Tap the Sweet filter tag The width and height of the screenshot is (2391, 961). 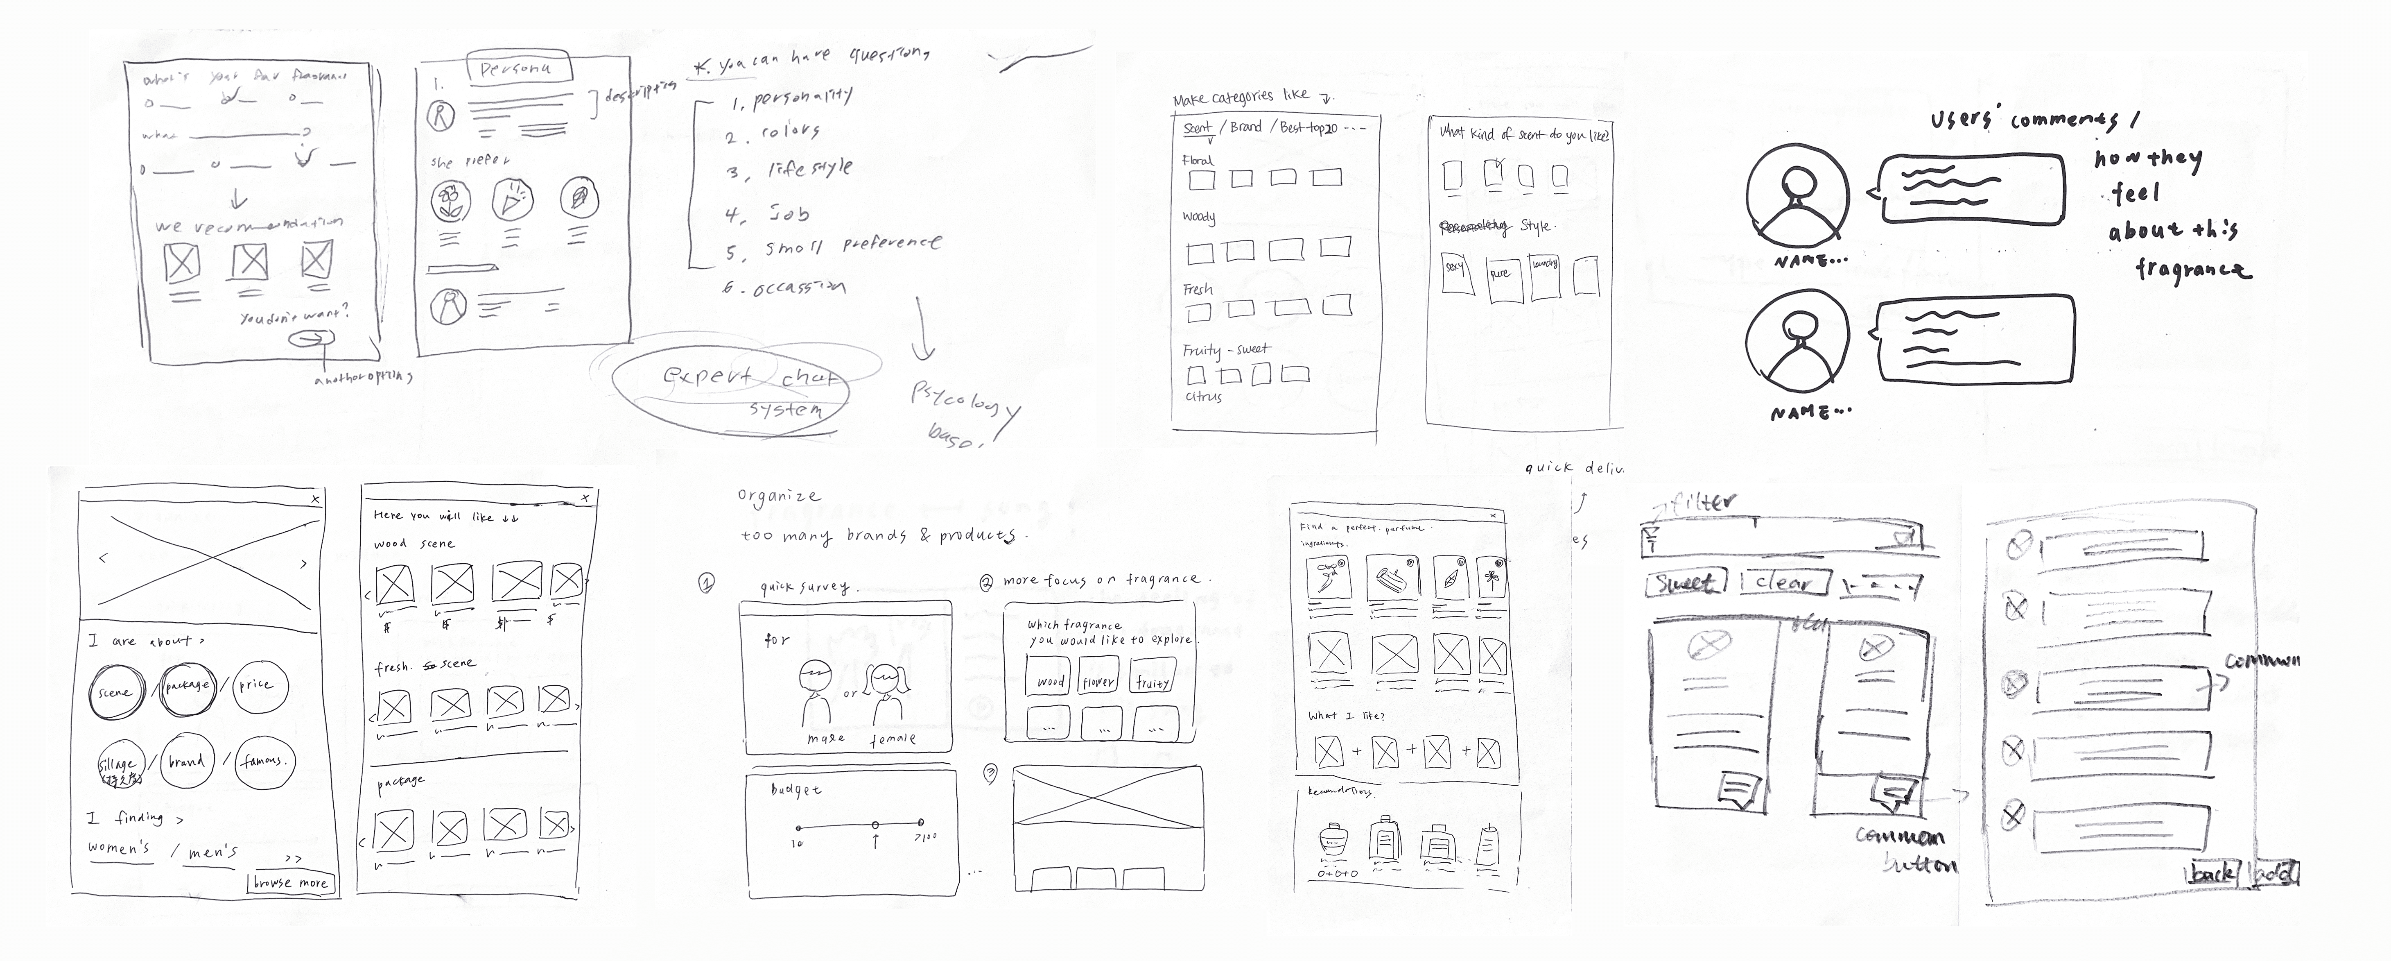point(1686,583)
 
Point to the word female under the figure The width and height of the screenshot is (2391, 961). point(893,739)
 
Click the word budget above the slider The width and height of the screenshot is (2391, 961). point(796,789)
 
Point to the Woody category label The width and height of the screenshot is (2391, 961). point(1198,217)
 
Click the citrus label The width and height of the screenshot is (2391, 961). point(1204,397)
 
